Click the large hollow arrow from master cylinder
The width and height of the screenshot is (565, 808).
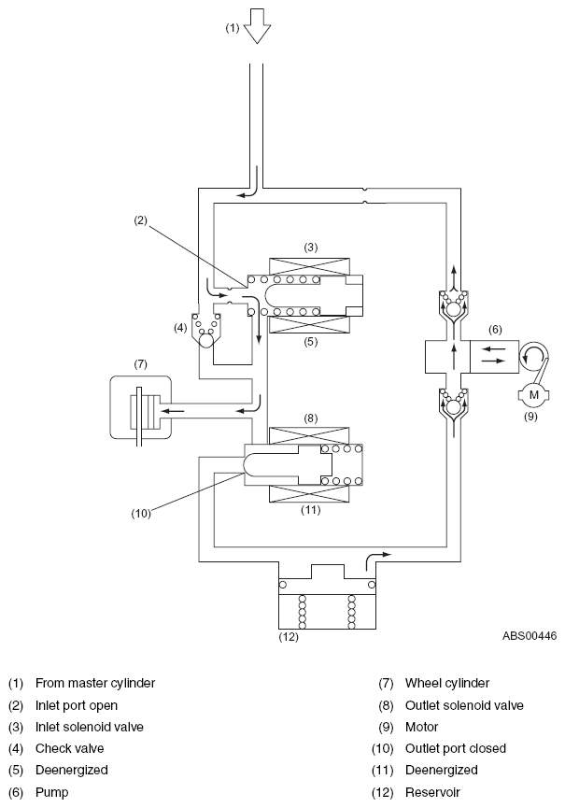pos(257,26)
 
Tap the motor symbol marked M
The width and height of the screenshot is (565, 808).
pos(533,396)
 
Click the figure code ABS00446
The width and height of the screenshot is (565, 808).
pos(530,636)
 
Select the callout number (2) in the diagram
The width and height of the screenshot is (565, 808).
pos(141,220)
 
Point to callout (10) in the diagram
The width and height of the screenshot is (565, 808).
pos(141,513)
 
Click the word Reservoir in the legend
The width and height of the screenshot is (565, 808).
pos(432,792)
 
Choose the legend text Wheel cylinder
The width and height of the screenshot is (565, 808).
pos(447,683)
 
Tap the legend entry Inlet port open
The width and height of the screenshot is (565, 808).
pos(77,705)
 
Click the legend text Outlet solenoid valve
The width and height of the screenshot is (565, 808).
pos(464,705)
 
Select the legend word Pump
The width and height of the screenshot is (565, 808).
pos(51,792)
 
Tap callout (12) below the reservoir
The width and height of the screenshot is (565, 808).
pos(289,637)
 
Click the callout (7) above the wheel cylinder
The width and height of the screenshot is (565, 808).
pos(141,364)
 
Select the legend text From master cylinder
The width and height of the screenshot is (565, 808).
pos(95,683)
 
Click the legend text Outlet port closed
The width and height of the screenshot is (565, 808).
pos(456,748)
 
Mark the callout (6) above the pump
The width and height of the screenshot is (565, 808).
pos(495,330)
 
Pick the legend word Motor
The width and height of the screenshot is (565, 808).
pos(421,727)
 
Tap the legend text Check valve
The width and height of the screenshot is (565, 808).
pos(69,748)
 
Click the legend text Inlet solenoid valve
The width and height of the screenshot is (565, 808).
pos(89,727)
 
